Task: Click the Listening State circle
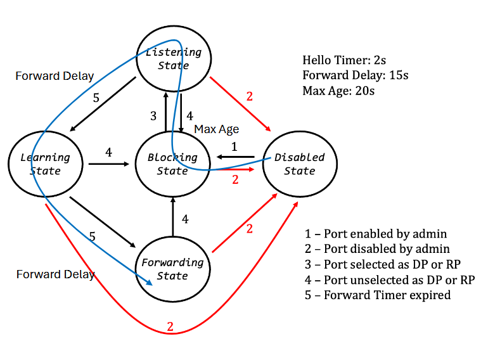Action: (x=173, y=59)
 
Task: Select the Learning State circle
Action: (x=45, y=164)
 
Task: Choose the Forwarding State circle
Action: (x=172, y=268)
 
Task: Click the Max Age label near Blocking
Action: (x=216, y=129)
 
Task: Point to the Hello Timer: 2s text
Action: (x=344, y=61)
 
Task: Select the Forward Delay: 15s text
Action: (x=355, y=75)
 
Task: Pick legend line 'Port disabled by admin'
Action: (x=378, y=248)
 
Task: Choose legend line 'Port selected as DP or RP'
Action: (x=385, y=264)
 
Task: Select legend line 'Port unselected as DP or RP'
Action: (x=390, y=280)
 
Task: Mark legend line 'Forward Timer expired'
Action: (x=378, y=295)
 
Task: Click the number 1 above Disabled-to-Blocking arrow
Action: (x=234, y=146)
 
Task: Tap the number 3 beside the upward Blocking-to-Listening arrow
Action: (x=153, y=116)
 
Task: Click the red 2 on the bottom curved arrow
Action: (x=170, y=327)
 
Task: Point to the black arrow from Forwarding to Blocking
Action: (x=173, y=215)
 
